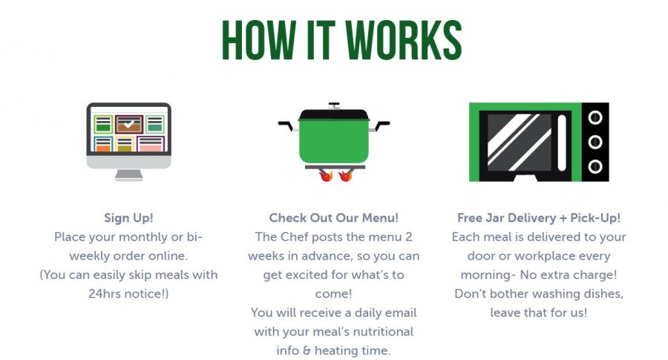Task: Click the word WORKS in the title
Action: (x=403, y=40)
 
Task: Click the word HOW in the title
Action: (x=258, y=40)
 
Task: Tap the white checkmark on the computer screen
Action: (x=128, y=124)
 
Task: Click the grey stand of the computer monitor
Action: (x=128, y=175)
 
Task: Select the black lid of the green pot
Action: (x=333, y=114)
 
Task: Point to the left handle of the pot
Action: (x=286, y=125)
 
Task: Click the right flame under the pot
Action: (x=345, y=174)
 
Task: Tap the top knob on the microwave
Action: (x=595, y=117)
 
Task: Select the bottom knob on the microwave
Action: (x=595, y=166)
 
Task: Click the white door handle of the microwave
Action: (x=562, y=143)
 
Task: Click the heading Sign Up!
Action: (x=128, y=218)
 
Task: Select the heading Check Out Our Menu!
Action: (x=333, y=218)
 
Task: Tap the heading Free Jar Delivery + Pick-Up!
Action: (x=539, y=218)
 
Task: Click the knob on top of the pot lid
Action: (x=334, y=105)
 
